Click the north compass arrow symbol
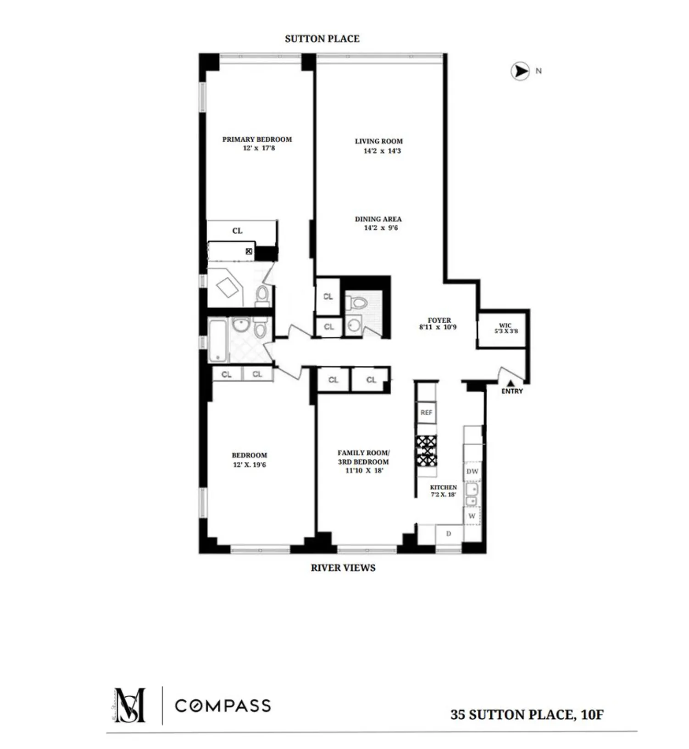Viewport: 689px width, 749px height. (520, 72)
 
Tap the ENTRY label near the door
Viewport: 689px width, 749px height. (512, 391)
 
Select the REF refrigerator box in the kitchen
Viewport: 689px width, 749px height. (426, 413)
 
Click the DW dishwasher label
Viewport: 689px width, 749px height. (472, 471)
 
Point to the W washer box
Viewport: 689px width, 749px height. (472, 516)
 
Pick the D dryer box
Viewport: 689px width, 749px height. (449, 534)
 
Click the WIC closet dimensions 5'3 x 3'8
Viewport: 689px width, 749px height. (506, 331)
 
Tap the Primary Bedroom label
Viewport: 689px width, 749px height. (257, 139)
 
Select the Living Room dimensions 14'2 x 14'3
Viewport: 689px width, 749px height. (382, 151)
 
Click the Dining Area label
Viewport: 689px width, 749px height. (378, 219)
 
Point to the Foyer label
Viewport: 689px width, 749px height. (439, 320)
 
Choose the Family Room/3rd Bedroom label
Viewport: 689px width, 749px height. (363, 457)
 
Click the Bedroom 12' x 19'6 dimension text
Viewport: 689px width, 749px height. (250, 464)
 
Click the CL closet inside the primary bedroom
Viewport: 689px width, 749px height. (237, 231)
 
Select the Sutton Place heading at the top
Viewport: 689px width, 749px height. (322, 39)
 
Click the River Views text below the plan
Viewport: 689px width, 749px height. (343, 568)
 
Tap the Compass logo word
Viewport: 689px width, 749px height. (223, 705)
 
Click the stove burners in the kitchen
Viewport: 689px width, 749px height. (427, 450)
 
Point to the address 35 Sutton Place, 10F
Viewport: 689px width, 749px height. (527, 715)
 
